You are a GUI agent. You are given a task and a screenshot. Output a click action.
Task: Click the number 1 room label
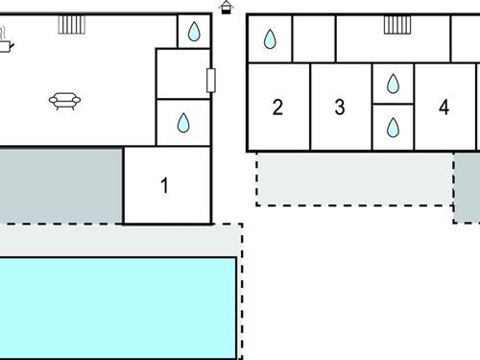tap(164, 186)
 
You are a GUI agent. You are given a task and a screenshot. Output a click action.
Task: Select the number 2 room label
tap(277, 108)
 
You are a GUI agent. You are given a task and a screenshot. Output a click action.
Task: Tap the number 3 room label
tap(339, 108)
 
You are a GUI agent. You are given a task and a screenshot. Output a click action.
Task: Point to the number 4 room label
tap(444, 108)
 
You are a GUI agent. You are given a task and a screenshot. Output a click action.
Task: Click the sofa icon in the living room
tap(64, 100)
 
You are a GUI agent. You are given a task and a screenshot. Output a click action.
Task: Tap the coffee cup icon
tap(5, 42)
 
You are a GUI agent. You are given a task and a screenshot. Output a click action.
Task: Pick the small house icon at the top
tap(226, 8)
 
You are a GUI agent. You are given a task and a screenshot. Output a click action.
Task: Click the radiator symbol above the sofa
tap(71, 24)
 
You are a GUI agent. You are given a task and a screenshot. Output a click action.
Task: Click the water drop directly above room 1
tap(182, 123)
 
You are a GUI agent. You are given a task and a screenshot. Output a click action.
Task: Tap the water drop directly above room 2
tap(270, 39)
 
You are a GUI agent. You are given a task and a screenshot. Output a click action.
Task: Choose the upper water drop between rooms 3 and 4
tap(393, 84)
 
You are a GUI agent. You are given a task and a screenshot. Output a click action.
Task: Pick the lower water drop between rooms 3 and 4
tap(393, 129)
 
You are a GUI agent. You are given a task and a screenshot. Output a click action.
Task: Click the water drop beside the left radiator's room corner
tap(194, 33)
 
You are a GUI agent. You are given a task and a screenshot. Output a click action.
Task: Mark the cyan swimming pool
tap(117, 306)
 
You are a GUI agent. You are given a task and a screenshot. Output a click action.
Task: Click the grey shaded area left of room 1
tap(60, 184)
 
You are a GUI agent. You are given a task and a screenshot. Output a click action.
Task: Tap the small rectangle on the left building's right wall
tap(211, 80)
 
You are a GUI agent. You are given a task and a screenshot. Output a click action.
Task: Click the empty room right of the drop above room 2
tap(314, 39)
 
